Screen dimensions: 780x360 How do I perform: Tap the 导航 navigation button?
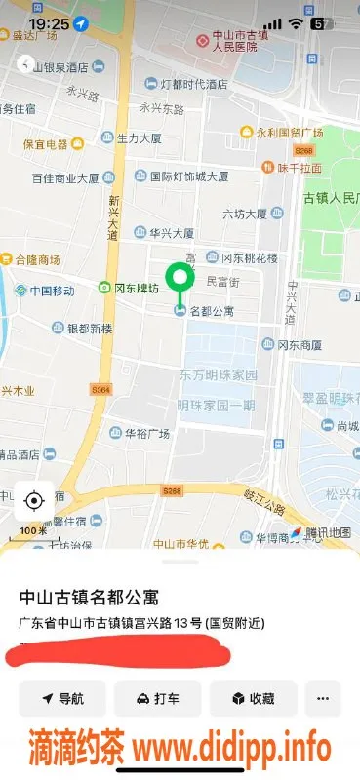[x=61, y=698]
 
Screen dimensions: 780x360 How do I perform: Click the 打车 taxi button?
[x=157, y=698]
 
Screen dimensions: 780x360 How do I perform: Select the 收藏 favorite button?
[x=252, y=698]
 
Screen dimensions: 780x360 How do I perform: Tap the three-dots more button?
[x=322, y=698]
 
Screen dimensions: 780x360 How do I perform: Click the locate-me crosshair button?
[x=34, y=501]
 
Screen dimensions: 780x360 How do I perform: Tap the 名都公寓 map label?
[x=210, y=311]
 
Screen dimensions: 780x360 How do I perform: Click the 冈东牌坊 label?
[x=130, y=288]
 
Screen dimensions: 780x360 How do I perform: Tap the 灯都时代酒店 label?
[x=192, y=83]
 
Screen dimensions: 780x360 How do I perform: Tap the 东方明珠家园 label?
[x=218, y=375]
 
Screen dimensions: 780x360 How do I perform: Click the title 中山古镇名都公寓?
[x=90, y=596]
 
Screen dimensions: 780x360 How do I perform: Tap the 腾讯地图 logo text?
[x=326, y=532]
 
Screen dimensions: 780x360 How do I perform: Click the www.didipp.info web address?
[x=231, y=749]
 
